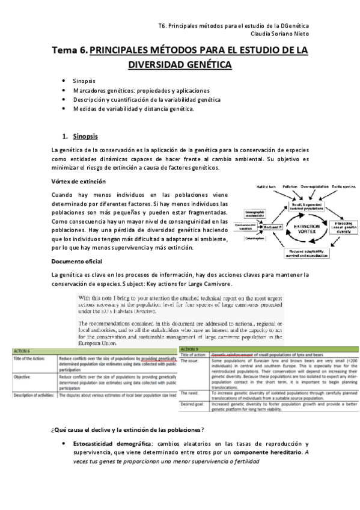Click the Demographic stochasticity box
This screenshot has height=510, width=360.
pyautogui.click(x=255, y=215)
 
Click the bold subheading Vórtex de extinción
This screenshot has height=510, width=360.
pyautogui.click(x=79, y=182)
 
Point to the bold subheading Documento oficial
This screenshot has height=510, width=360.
pyautogui.click(x=76, y=262)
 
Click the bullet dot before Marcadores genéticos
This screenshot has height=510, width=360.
pyautogui.click(x=64, y=90)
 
